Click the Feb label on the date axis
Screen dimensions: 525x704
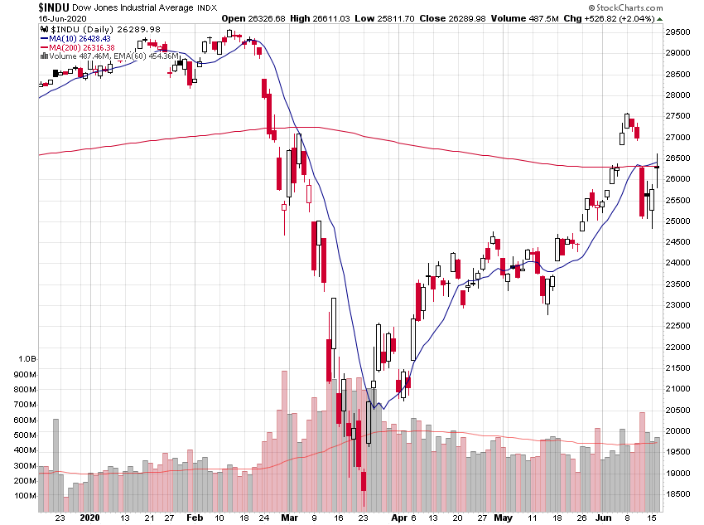tap(194, 516)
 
